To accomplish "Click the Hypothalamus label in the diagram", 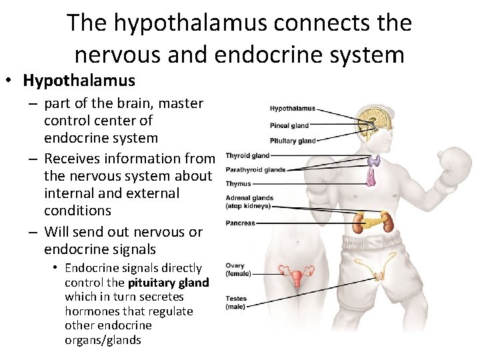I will (292, 109).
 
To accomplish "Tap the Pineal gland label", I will (289, 125).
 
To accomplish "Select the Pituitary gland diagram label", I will (293, 141).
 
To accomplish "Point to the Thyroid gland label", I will (247, 156).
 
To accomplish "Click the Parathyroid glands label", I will (255, 170).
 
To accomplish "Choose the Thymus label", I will (238, 184).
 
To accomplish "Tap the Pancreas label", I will (240, 223).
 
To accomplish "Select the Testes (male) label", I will (236, 303).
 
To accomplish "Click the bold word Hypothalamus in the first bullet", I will (79, 81).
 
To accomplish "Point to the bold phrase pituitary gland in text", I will (168, 283).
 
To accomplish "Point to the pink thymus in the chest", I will (371, 175).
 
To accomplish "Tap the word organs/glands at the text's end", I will (103, 340).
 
